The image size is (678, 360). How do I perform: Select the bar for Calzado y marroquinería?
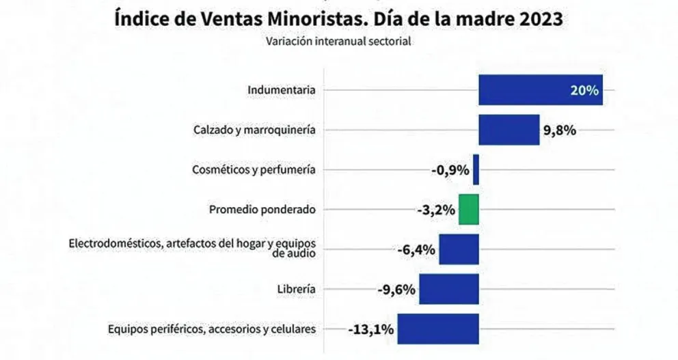[508, 130]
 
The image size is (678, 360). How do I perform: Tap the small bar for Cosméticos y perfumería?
[476, 169]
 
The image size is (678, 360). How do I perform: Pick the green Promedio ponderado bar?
[468, 209]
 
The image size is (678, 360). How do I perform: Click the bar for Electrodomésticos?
[459, 249]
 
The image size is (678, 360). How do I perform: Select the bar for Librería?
[448, 289]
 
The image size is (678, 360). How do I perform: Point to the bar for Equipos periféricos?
[438, 329]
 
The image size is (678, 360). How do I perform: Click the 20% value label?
[585, 90]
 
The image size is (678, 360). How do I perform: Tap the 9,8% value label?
[560, 130]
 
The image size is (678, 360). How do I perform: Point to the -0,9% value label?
[450, 170]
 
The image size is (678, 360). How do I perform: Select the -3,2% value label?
[435, 210]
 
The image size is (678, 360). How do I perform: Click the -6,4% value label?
[416, 249]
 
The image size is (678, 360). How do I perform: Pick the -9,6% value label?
[396, 289]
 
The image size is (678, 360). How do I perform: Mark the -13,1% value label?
[370, 329]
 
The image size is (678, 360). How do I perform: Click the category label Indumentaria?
[282, 90]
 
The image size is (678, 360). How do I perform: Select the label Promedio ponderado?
[262, 210]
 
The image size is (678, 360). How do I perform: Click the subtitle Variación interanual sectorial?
[338, 41]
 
